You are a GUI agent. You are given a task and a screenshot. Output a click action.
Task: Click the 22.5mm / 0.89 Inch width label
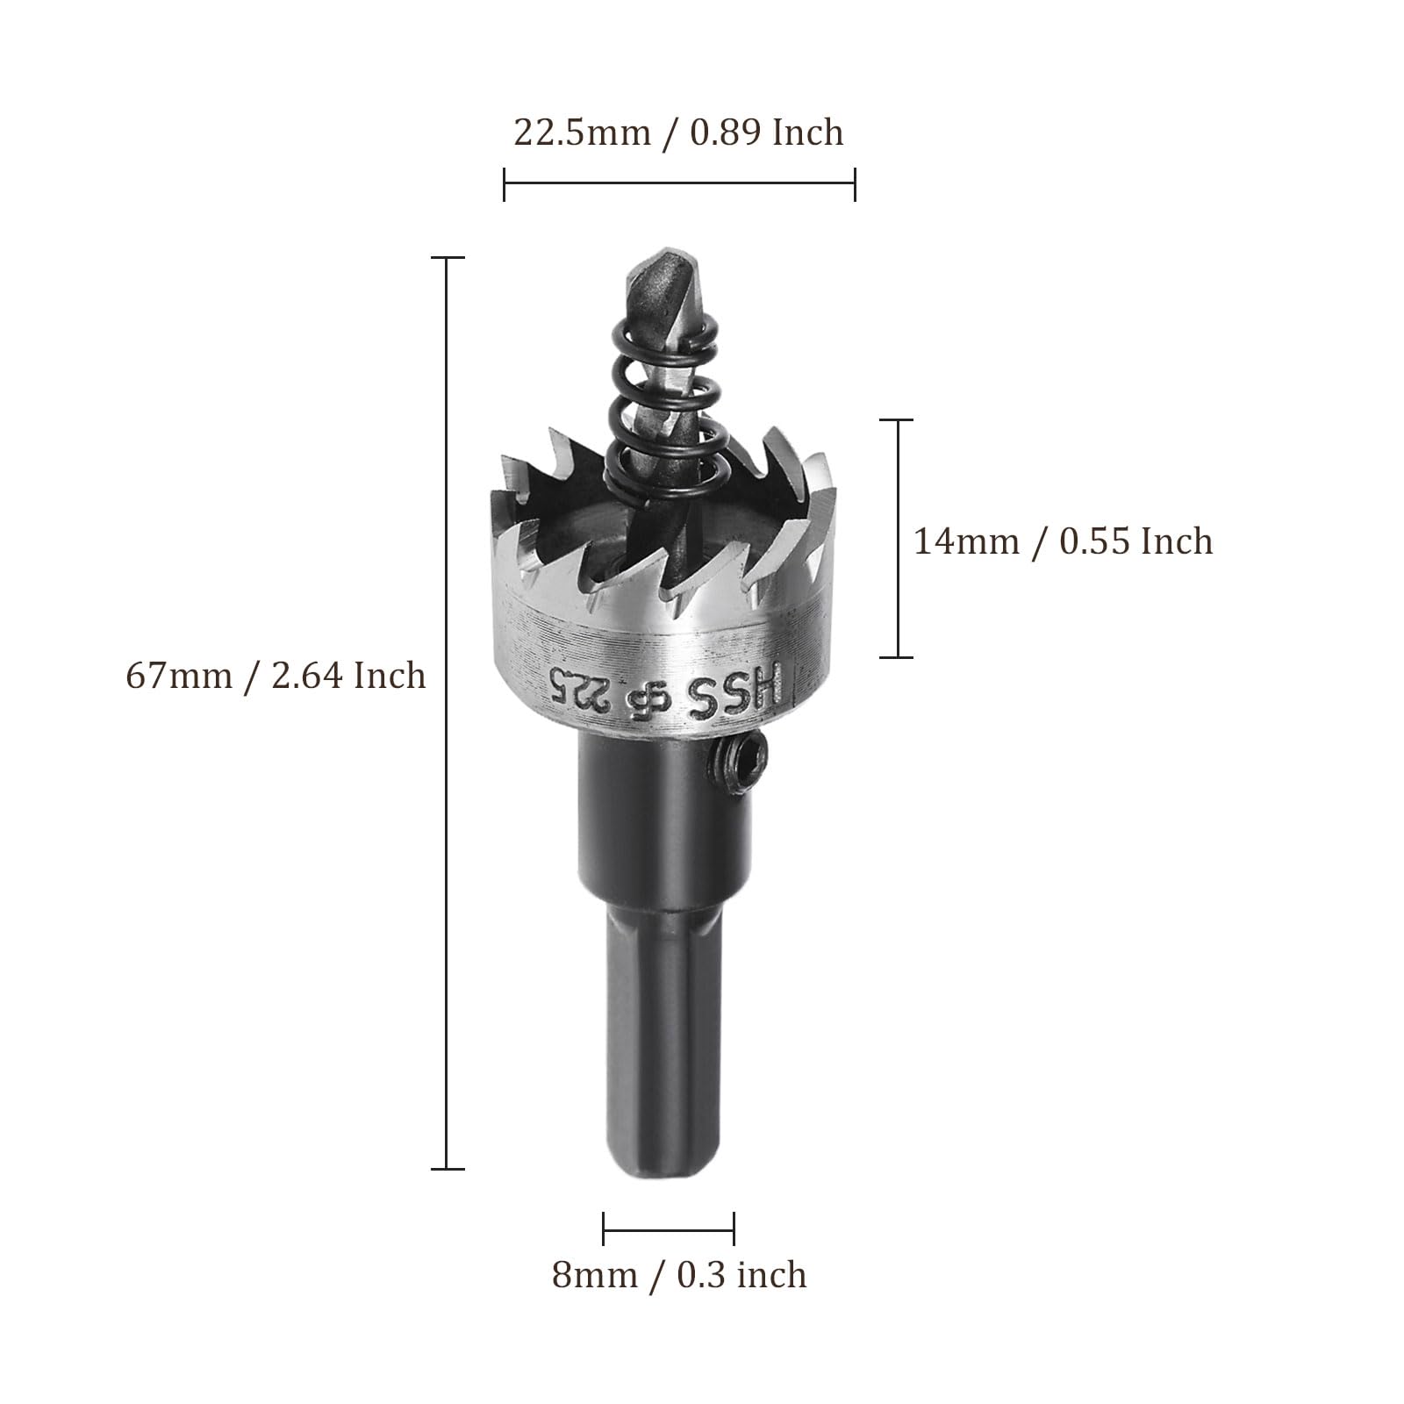pyautogui.click(x=678, y=133)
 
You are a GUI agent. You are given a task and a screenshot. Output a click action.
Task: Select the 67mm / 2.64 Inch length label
pyautogui.click(x=276, y=676)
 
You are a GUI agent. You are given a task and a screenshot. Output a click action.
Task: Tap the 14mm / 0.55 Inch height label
pyautogui.click(x=1064, y=541)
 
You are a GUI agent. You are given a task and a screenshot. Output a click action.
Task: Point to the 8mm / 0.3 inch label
pyautogui.click(x=679, y=1274)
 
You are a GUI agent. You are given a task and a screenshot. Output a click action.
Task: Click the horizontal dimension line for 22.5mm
pyautogui.click(x=679, y=183)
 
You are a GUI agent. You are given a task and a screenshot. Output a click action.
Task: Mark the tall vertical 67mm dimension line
pyautogui.click(x=448, y=713)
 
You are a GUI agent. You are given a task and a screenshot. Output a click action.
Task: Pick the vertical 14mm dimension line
pyautogui.click(x=897, y=538)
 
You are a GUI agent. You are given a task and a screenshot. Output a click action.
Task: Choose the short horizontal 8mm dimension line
pyautogui.click(x=669, y=1228)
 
